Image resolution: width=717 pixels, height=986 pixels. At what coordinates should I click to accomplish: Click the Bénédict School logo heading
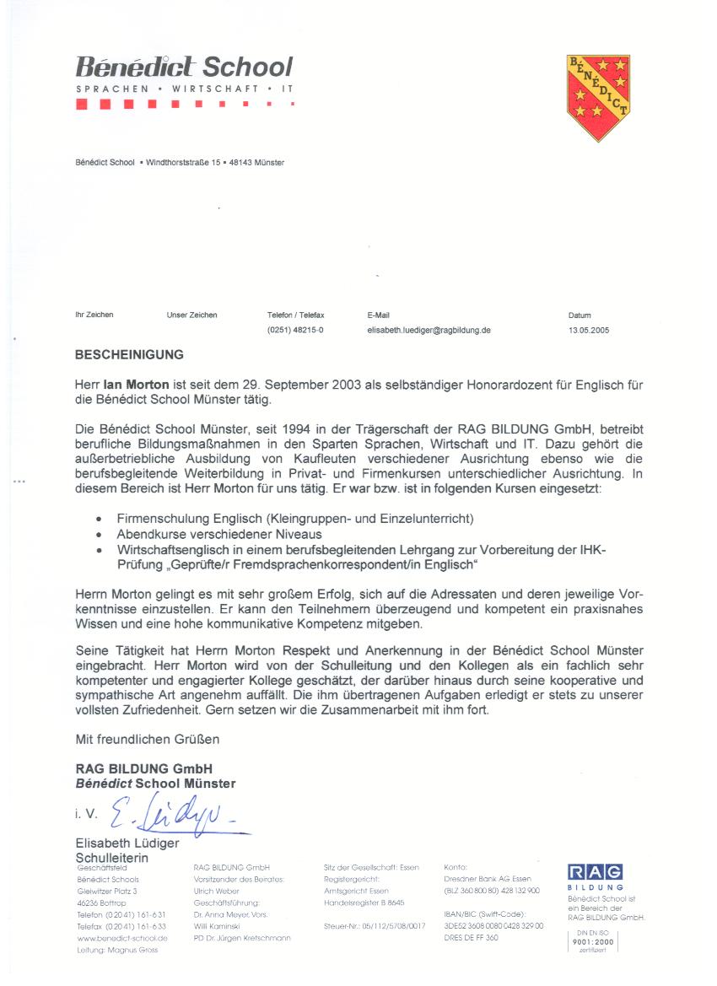pyautogui.click(x=184, y=67)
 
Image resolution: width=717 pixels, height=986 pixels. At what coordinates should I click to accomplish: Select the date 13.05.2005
pyautogui.click(x=588, y=331)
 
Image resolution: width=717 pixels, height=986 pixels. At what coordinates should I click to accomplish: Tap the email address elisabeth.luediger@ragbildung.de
pyautogui.click(x=429, y=331)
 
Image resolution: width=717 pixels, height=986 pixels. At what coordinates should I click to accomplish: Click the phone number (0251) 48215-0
pyautogui.click(x=294, y=331)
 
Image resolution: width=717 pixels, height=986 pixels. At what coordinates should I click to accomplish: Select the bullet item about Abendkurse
pyautogui.click(x=219, y=535)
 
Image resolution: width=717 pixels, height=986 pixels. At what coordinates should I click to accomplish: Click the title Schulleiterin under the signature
pyautogui.click(x=112, y=858)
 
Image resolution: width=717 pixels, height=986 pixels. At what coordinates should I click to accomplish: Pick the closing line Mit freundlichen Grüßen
pyautogui.click(x=148, y=740)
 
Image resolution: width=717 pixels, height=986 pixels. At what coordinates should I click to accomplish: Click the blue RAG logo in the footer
pyautogui.click(x=595, y=872)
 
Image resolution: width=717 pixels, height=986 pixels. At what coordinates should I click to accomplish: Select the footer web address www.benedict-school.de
pyautogui.click(x=122, y=938)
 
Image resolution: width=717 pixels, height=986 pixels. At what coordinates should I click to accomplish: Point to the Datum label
pyautogui.click(x=580, y=315)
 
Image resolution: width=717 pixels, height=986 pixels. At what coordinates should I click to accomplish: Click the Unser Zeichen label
pyautogui.click(x=191, y=315)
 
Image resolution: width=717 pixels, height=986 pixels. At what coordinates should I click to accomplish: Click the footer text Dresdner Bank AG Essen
pyautogui.click(x=487, y=879)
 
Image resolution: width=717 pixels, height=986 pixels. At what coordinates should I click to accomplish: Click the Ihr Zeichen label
pyautogui.click(x=94, y=315)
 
